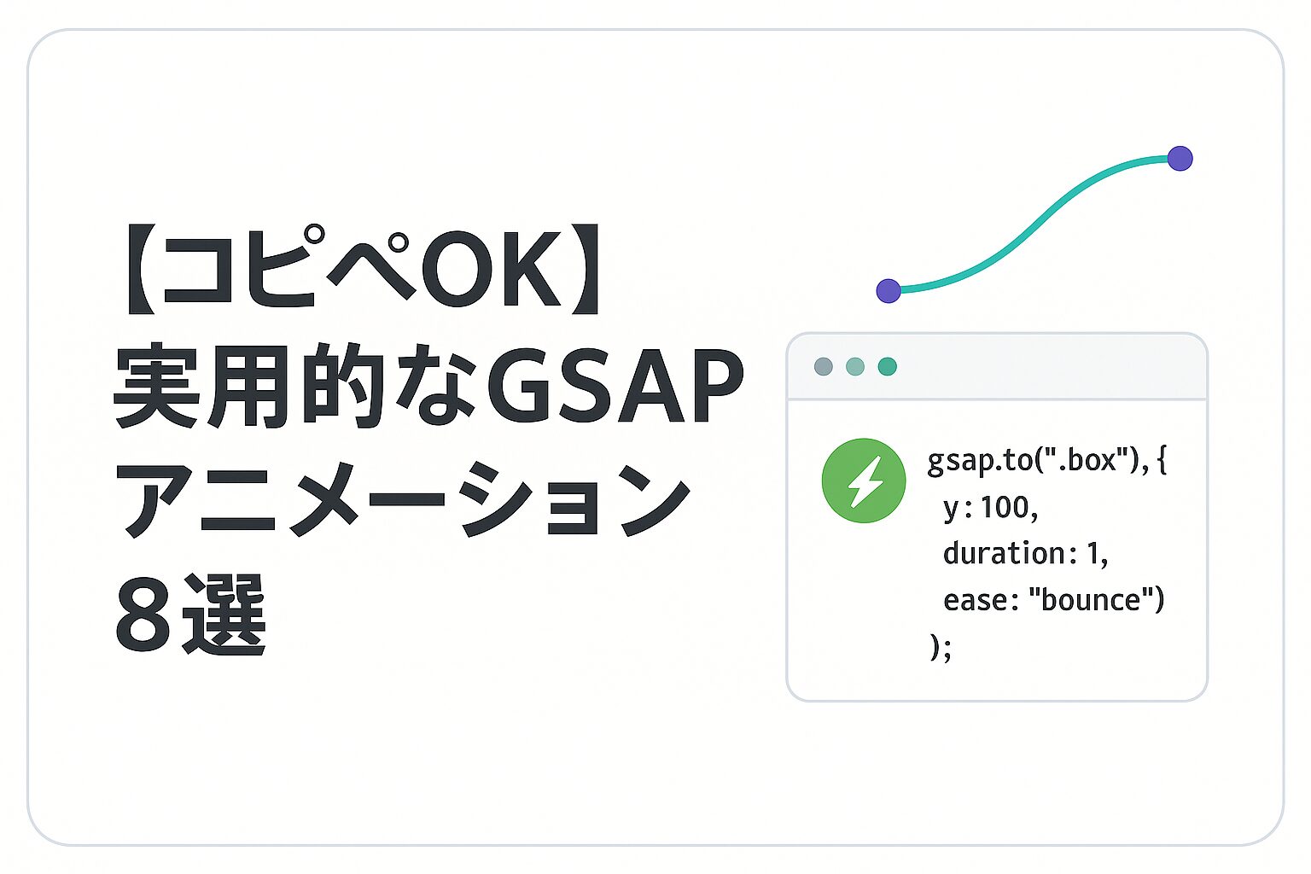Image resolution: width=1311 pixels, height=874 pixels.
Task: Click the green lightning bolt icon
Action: [x=863, y=480]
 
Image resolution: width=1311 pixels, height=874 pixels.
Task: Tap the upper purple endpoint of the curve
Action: [x=1180, y=158]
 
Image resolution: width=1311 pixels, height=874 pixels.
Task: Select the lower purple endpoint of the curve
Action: [x=889, y=290]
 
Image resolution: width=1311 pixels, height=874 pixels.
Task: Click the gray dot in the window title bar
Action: [x=824, y=366]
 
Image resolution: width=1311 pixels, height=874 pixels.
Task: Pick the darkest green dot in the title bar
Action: [x=888, y=366]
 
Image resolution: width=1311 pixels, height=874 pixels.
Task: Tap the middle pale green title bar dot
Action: [x=855, y=366]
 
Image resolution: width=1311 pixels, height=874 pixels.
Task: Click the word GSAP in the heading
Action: [x=615, y=386]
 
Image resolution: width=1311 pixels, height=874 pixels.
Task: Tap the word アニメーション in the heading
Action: [x=404, y=498]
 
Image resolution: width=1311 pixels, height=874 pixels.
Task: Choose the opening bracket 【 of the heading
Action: [x=141, y=269]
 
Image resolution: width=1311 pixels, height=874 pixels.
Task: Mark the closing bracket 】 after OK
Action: [x=585, y=269]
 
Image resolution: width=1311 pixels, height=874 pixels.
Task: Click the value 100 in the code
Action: [x=1005, y=507]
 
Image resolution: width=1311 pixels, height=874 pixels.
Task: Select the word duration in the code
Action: [x=1004, y=552]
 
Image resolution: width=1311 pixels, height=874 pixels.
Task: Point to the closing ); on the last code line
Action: [x=941, y=648]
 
